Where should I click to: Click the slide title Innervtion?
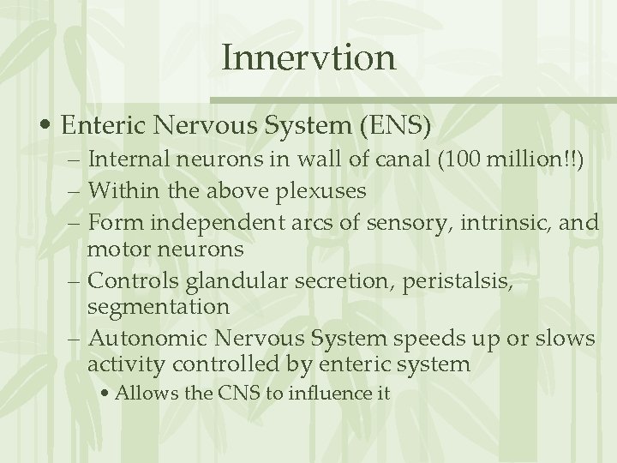308,58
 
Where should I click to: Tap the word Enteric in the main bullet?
109,127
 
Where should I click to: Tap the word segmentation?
159,306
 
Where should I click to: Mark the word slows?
566,338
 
